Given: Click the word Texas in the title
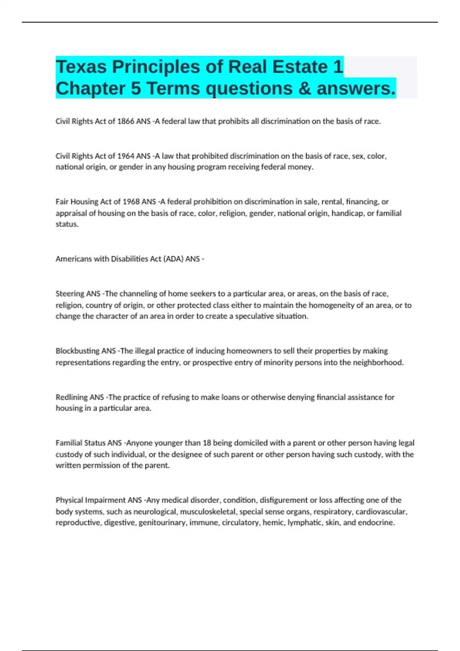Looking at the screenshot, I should [81, 67].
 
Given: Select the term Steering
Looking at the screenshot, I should [70, 294].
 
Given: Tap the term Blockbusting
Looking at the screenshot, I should [77, 351].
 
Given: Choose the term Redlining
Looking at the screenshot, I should [72, 397].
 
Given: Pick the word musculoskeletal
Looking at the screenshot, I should [208, 512].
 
